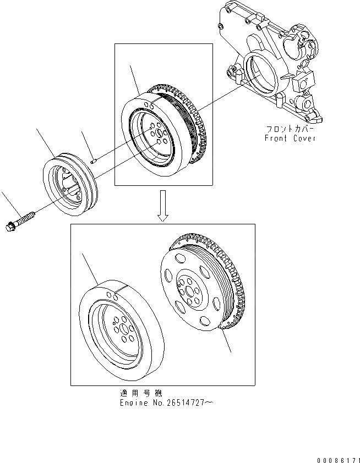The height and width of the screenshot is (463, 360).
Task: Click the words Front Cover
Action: [290, 139]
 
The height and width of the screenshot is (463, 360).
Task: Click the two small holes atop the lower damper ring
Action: [113, 296]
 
